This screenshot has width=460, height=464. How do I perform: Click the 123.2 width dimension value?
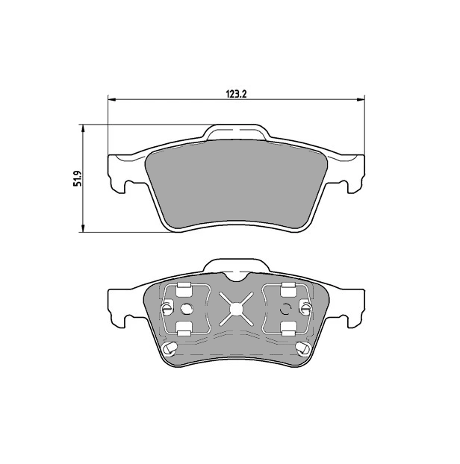237,93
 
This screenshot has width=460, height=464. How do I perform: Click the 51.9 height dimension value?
78,178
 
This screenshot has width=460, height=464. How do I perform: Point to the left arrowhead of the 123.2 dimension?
112,100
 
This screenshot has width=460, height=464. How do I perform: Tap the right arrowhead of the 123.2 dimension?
361,100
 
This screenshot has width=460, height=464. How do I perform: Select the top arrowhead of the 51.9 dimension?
83,129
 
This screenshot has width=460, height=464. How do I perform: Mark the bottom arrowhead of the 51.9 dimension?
83,228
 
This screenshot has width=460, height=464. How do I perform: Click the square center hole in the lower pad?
236,309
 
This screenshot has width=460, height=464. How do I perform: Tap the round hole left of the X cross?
186,310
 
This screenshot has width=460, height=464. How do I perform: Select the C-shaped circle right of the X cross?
285,310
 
